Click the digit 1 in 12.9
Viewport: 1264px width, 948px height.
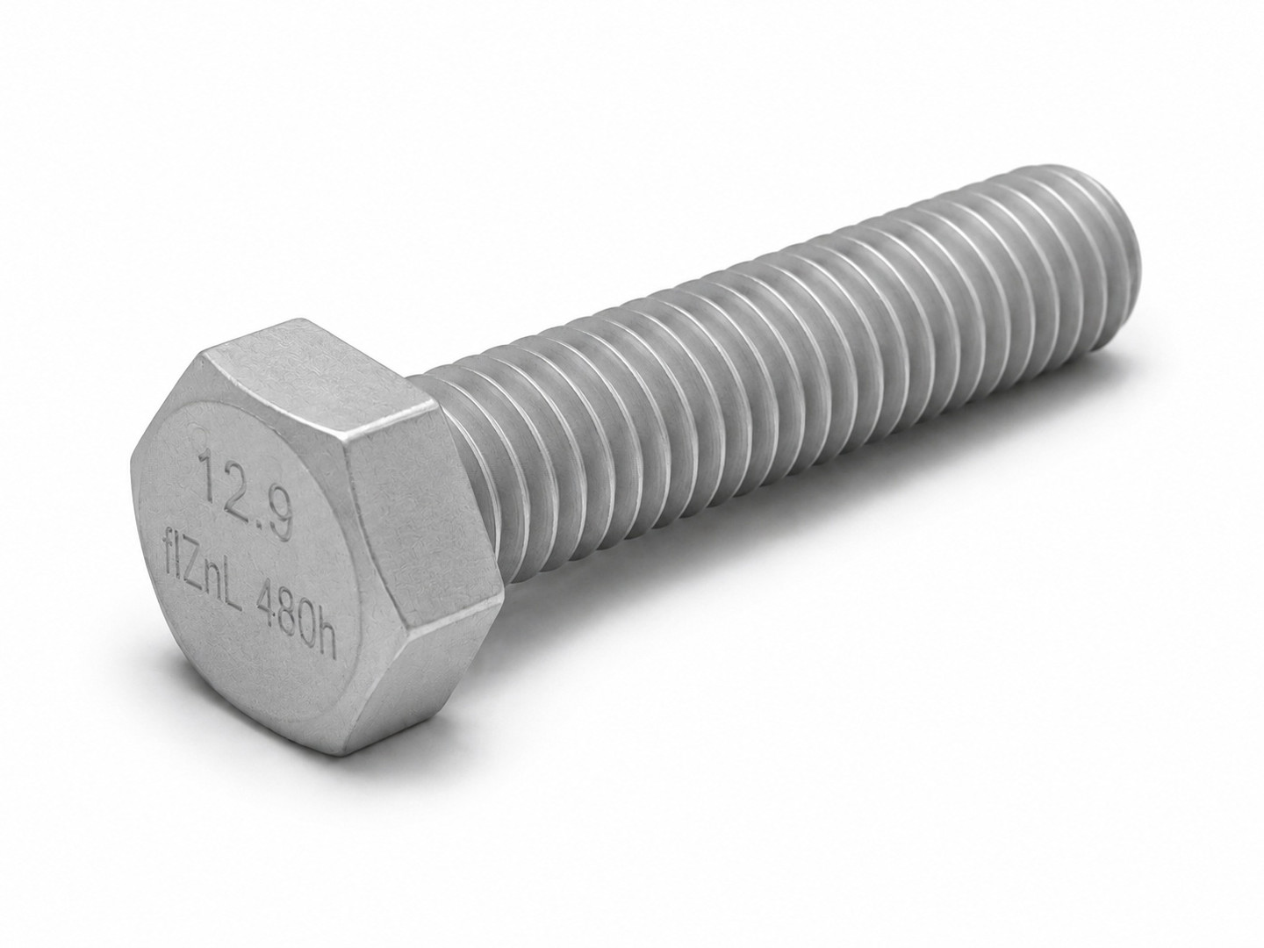(206, 471)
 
